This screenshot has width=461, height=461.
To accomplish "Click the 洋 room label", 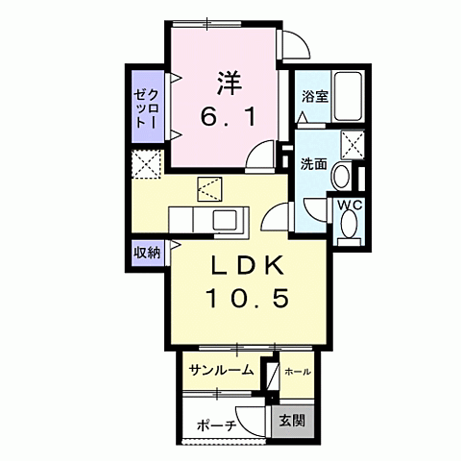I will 228,83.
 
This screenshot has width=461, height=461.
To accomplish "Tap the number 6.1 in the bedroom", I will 228,118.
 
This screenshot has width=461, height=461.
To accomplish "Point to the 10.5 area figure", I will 246,299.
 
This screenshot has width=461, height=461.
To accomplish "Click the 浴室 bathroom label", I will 314,96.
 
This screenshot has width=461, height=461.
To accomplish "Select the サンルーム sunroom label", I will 221,370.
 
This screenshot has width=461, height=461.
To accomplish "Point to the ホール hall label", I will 298,370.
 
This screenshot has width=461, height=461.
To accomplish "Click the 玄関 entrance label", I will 292,420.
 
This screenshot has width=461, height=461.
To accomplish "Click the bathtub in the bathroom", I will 346,96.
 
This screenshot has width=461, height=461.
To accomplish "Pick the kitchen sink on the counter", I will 229,220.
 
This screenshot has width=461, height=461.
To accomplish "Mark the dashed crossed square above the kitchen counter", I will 209,187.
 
